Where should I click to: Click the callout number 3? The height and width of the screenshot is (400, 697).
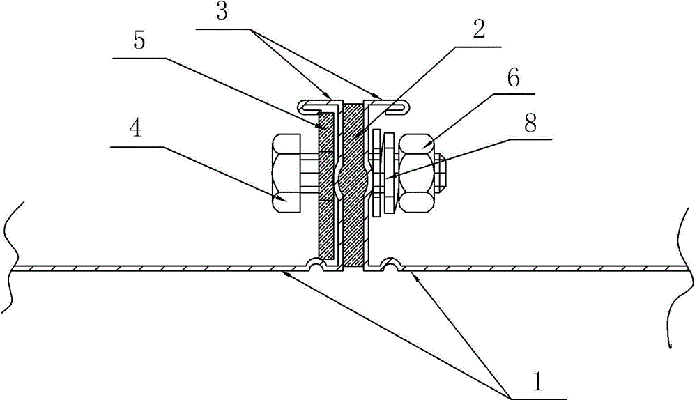tap(222, 12)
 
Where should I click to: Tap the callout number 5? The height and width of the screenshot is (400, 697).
tap(139, 40)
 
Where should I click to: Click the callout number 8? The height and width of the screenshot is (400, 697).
tap(530, 123)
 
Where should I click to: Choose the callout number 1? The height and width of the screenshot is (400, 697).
tap(538, 382)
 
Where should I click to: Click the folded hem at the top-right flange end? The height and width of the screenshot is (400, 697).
tap(397, 107)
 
